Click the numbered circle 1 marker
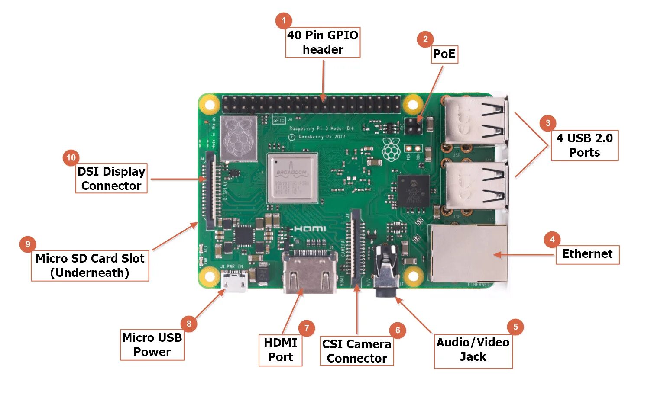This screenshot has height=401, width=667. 283,20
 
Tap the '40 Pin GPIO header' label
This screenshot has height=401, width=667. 323,42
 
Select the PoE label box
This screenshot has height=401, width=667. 444,54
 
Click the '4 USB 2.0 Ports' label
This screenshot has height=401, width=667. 584,145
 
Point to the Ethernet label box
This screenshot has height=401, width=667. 587,254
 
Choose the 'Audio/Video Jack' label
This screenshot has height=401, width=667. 473,350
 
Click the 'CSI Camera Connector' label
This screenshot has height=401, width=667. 357,351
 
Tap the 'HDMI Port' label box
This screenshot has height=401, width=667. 280,350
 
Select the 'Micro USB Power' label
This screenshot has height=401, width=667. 152,345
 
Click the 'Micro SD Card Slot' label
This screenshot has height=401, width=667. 90,266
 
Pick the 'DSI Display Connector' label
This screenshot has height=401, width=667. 111,178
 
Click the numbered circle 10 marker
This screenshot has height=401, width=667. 71,158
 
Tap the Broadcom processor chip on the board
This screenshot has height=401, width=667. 292,178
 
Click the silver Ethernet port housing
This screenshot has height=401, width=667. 468,253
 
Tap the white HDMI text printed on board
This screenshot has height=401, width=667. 310,228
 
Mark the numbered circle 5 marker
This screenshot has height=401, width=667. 515,327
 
